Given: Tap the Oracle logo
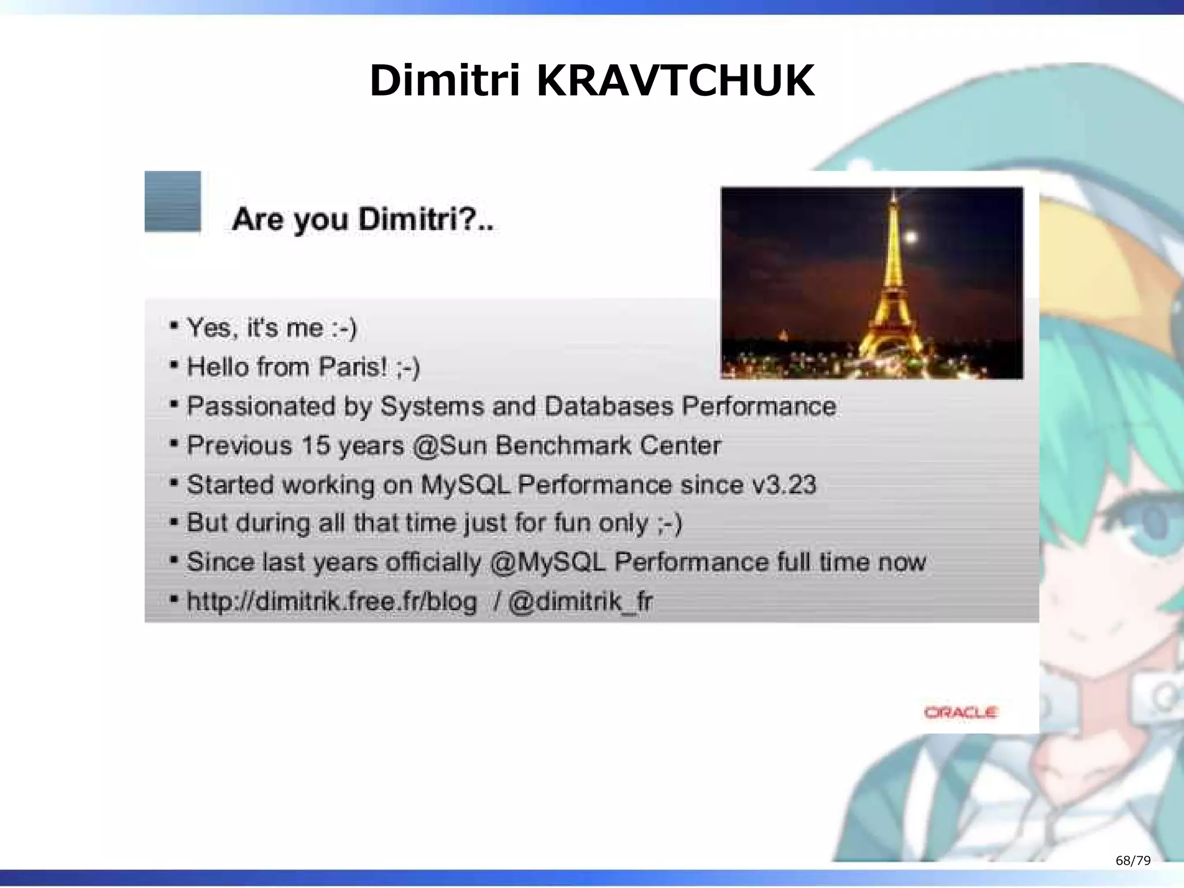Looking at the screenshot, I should (960, 712).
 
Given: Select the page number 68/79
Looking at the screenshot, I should (1133, 861).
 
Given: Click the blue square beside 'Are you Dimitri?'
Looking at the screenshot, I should (172, 201).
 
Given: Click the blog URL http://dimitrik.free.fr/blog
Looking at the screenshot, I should (332, 602).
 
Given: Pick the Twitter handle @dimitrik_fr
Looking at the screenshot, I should (580, 602).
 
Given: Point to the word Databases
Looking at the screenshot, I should (608, 406).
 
